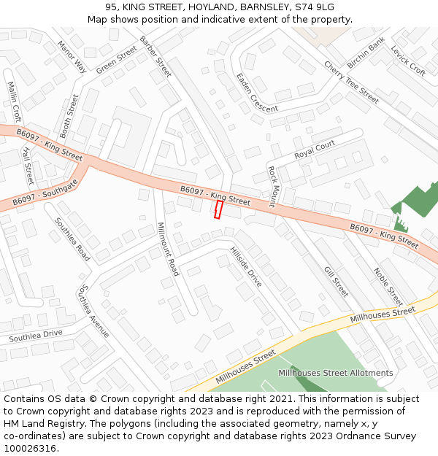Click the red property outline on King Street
218,210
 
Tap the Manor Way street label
72,57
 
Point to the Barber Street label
155,57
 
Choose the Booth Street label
69,116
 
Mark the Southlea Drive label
36,336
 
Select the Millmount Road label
168,249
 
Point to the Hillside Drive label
246,266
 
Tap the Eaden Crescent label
256,93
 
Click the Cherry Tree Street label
351,82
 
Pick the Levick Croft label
408,61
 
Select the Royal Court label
314,150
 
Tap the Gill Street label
336,281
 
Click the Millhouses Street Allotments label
335,373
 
